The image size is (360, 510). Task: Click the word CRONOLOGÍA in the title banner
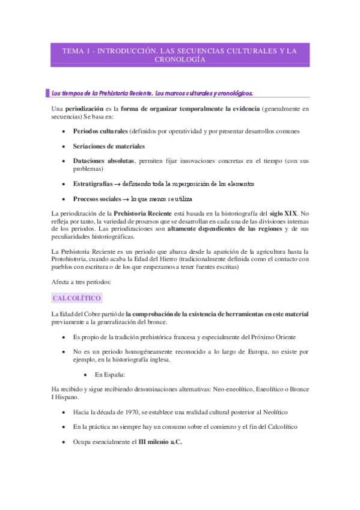180,60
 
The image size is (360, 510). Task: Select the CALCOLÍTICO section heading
77,298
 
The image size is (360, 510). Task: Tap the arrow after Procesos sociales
125,199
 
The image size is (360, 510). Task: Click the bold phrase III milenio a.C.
160,441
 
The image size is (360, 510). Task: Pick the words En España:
110,374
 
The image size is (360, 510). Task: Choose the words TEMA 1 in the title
76,51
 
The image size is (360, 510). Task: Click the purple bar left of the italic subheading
47,93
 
